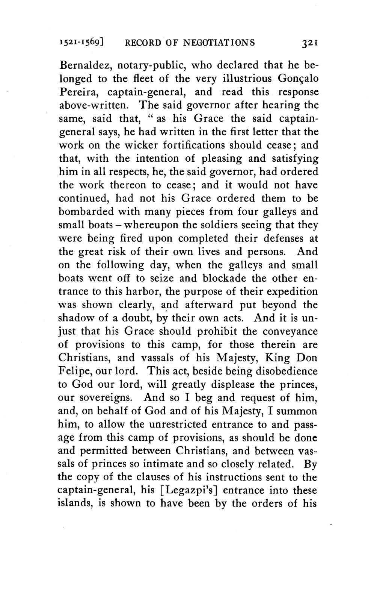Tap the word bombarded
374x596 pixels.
pyautogui.click(x=86, y=212)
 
